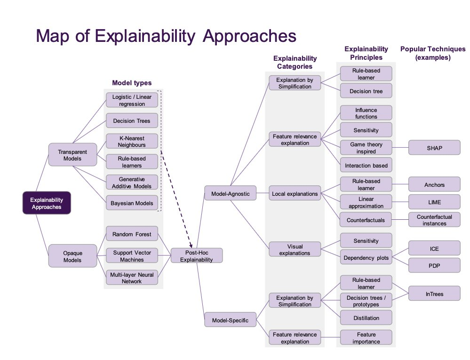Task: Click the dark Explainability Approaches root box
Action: (x=47, y=203)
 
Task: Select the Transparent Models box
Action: (x=72, y=155)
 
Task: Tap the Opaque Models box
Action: (x=72, y=256)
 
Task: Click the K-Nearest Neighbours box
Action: (x=132, y=141)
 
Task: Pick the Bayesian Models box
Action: (x=132, y=203)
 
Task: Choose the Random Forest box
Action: (x=132, y=234)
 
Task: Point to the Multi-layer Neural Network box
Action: (x=132, y=278)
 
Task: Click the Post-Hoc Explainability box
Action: (x=197, y=256)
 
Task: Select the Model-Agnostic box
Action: (x=230, y=193)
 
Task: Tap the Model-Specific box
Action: (x=230, y=320)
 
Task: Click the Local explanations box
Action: (x=295, y=193)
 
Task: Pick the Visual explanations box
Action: (x=295, y=249)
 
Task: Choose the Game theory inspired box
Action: (x=366, y=147)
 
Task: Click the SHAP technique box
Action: (x=434, y=147)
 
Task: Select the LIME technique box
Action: (x=434, y=202)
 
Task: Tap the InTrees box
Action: (x=434, y=294)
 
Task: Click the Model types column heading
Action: (x=132, y=83)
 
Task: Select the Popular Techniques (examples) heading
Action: (x=433, y=53)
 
